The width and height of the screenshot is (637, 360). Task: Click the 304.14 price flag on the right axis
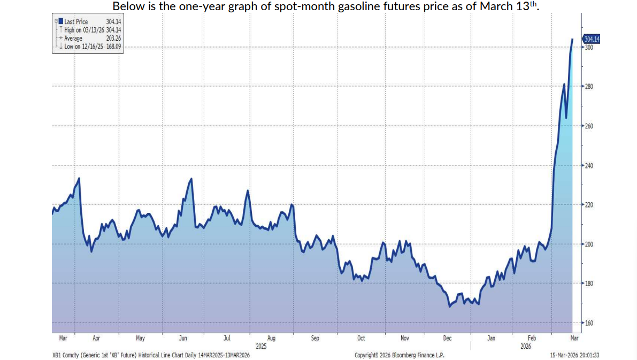click(x=592, y=39)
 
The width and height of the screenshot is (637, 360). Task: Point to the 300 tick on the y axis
click(x=589, y=47)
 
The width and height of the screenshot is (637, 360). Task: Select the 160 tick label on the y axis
click(x=589, y=323)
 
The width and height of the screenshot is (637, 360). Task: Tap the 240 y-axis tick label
click(x=589, y=165)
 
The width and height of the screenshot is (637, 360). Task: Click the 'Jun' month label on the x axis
click(x=182, y=338)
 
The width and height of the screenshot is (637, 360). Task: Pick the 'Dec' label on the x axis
click(x=448, y=338)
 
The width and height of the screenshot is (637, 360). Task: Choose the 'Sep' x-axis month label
click(x=314, y=338)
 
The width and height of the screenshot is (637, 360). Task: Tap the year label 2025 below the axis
click(x=261, y=346)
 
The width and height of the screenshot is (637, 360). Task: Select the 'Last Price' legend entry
click(x=76, y=22)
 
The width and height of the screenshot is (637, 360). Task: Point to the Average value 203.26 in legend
click(x=113, y=39)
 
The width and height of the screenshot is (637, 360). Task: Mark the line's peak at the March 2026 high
click(x=572, y=39)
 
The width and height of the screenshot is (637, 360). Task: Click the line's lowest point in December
click(x=450, y=307)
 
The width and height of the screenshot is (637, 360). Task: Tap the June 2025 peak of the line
click(x=191, y=179)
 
